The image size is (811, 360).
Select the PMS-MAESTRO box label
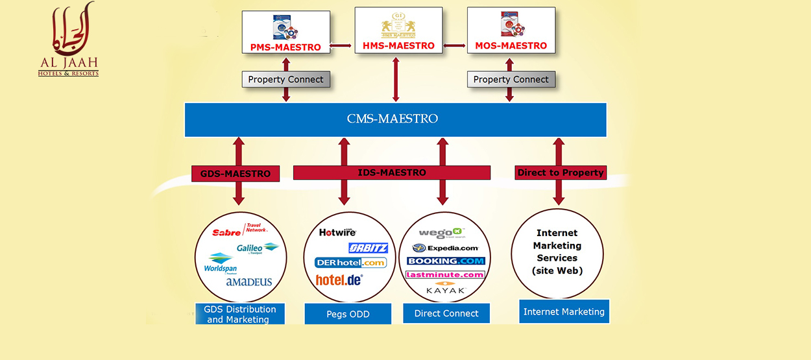coord(285,47)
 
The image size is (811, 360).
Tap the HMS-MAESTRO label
coord(398,46)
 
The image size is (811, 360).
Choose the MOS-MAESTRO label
coord(511,46)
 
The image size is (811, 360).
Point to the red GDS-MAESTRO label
coord(236,174)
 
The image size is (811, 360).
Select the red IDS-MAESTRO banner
coord(392,173)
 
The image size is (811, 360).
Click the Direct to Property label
coord(561,173)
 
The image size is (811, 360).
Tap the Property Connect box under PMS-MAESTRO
coord(285,80)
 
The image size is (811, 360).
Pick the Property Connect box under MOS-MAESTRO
coord(511,80)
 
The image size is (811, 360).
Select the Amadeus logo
coord(249,282)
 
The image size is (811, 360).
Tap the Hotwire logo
coord(337,232)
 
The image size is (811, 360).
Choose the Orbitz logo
coord(368,248)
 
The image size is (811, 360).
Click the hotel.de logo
coord(339,280)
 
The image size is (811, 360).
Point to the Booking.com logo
coord(446,261)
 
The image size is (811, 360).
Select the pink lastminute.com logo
coord(446,274)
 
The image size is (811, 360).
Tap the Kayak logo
coord(445,289)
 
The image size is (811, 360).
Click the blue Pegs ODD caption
coord(348,314)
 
